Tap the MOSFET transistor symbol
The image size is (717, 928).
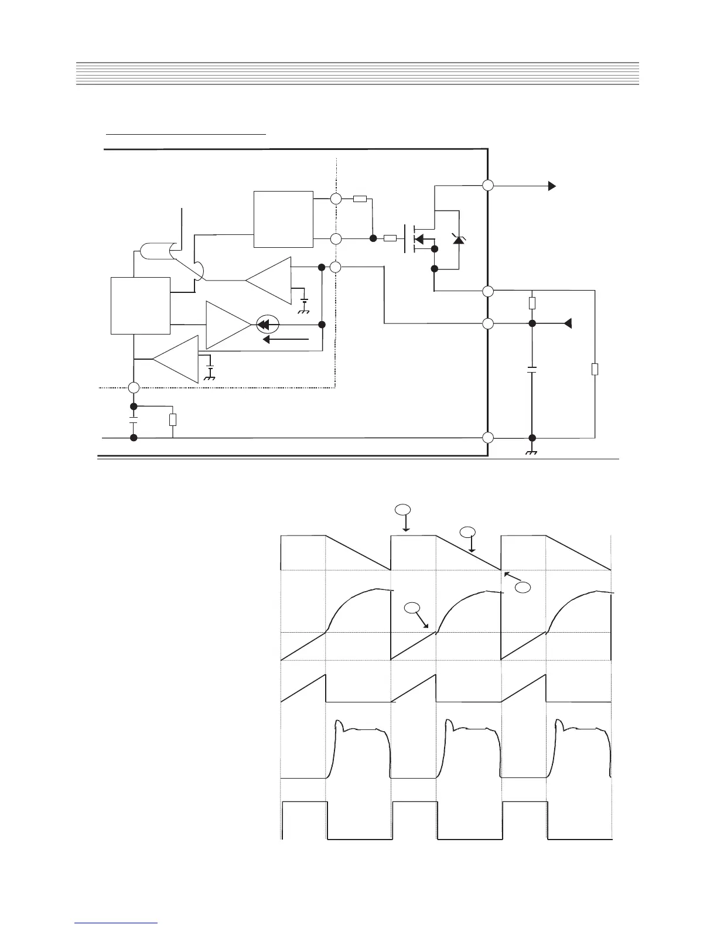[x=417, y=239]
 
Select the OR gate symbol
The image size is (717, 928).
[x=156, y=252]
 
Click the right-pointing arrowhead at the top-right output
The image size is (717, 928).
[x=552, y=186]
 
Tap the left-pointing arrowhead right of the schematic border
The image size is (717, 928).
[x=567, y=323]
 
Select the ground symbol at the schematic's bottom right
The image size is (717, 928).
[x=532, y=452]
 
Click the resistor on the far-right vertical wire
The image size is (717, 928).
[x=595, y=369]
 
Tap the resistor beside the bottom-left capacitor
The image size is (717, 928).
[x=173, y=419]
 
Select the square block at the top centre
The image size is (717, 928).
[x=284, y=219]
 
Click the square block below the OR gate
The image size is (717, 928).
[x=141, y=305]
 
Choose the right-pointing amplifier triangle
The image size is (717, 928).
[x=228, y=325]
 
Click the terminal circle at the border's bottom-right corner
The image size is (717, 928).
[x=488, y=438]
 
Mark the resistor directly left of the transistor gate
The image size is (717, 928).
[x=390, y=238]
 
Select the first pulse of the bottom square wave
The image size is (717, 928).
[x=305, y=819]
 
